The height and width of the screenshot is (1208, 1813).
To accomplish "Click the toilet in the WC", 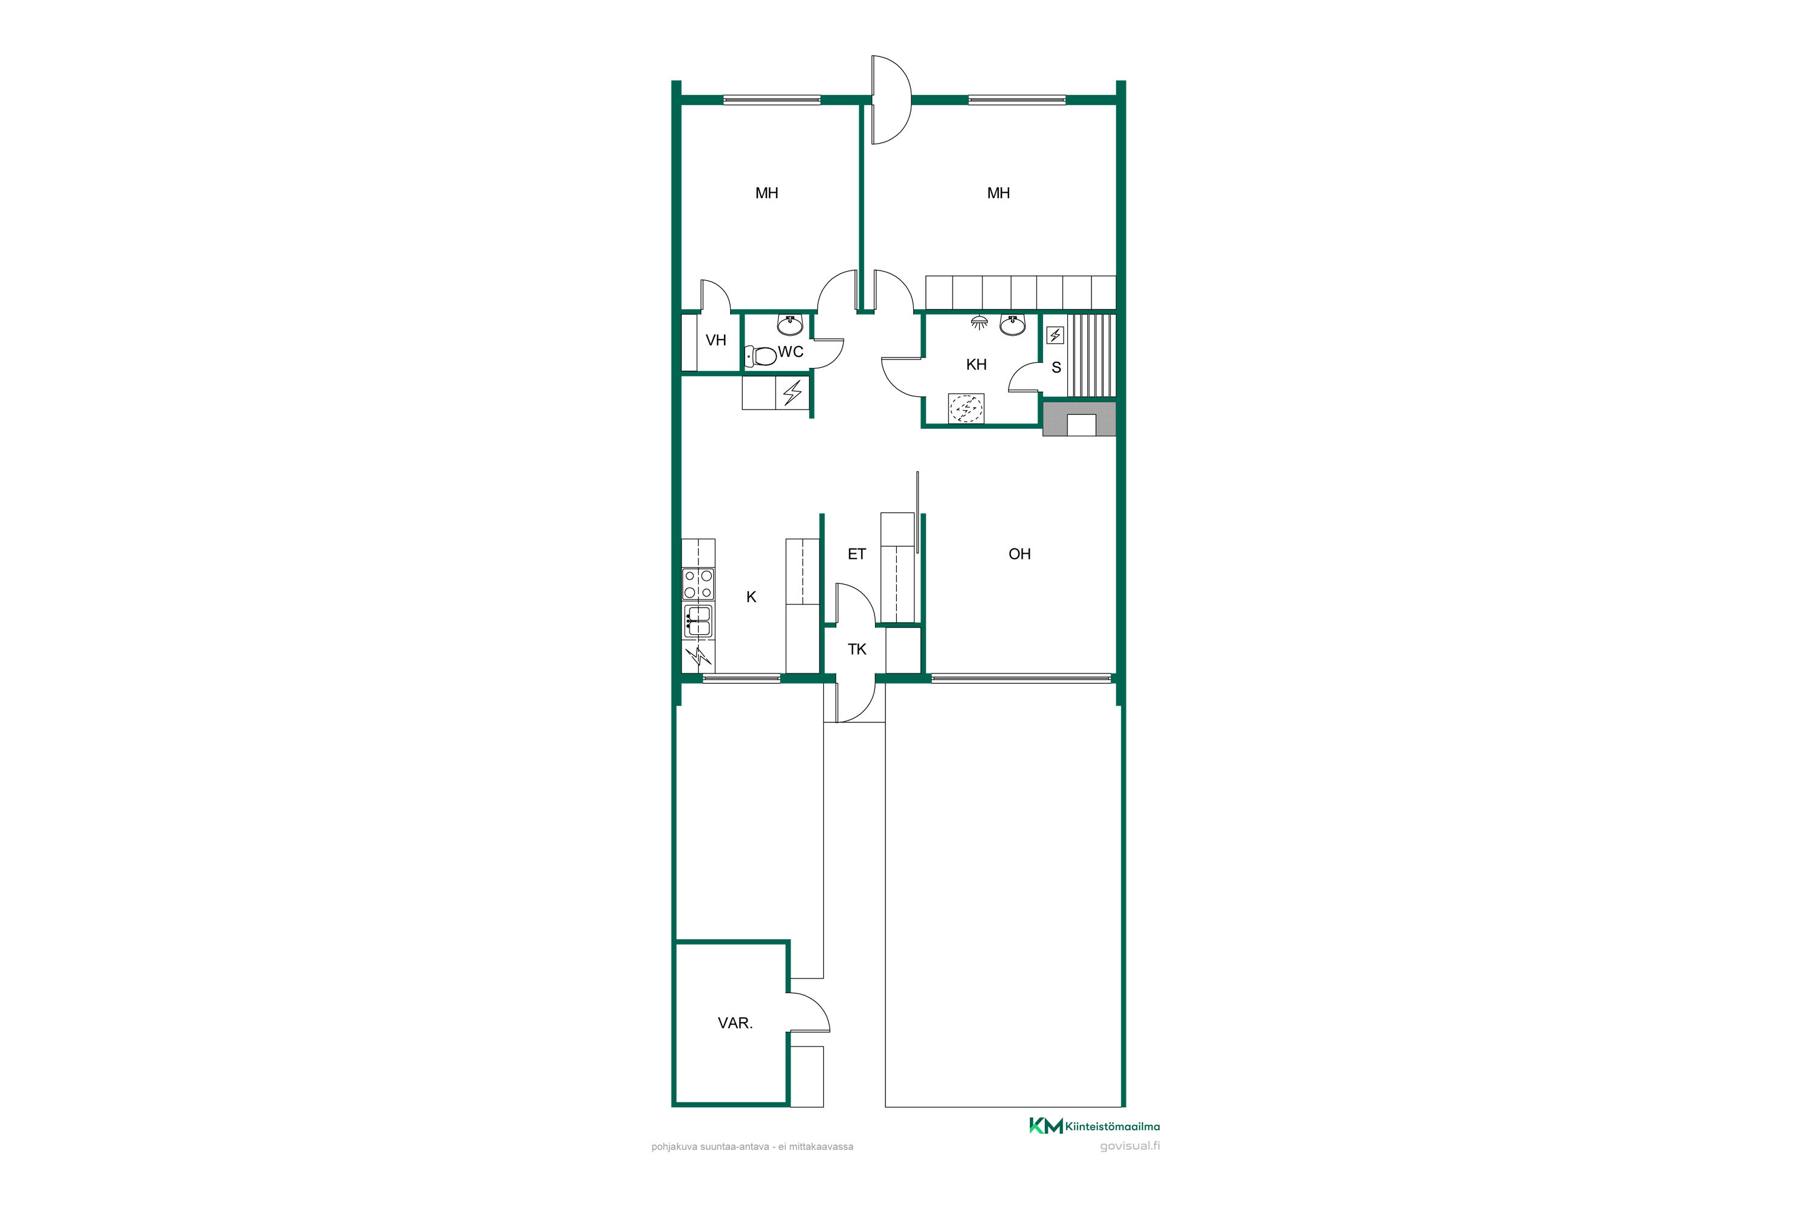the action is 761,356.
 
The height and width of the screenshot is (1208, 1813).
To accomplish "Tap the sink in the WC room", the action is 790,325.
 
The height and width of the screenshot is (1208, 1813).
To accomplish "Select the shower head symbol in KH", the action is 979,322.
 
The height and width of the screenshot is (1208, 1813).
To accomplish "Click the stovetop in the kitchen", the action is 697,584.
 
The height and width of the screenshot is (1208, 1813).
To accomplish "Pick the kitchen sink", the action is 699,621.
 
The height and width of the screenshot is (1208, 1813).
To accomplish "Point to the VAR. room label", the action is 735,1023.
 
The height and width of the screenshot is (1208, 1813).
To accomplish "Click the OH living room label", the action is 1019,554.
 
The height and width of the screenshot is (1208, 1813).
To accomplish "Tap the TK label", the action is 857,649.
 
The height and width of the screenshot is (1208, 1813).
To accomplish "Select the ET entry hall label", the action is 856,554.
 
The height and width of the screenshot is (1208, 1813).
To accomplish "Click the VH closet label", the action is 716,341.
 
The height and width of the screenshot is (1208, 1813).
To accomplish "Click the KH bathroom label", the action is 976,364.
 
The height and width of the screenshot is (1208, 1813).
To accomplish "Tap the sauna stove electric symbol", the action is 1055,335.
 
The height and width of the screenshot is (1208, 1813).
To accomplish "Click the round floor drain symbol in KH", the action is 966,408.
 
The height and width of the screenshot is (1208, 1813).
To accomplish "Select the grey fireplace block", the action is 1079,419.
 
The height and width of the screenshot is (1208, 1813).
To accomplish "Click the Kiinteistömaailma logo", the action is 1094,1126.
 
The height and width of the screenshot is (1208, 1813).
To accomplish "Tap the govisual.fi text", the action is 1130,1146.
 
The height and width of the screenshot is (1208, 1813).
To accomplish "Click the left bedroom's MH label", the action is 766,193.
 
